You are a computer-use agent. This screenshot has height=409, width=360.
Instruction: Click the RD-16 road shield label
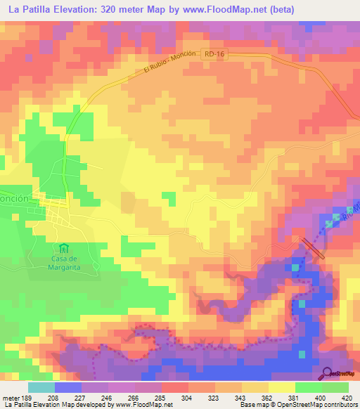pyautogui.click(x=214, y=54)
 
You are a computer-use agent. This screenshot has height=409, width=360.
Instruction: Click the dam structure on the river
pyautogui.click(x=314, y=248)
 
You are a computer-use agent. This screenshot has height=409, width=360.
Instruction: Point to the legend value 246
pyautogui.click(x=106, y=397)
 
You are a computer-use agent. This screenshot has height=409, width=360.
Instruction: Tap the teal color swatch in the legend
pyautogui.click(x=41, y=387)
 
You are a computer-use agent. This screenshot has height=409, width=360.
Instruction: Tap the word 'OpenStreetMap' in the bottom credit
pyautogui.click(x=307, y=405)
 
